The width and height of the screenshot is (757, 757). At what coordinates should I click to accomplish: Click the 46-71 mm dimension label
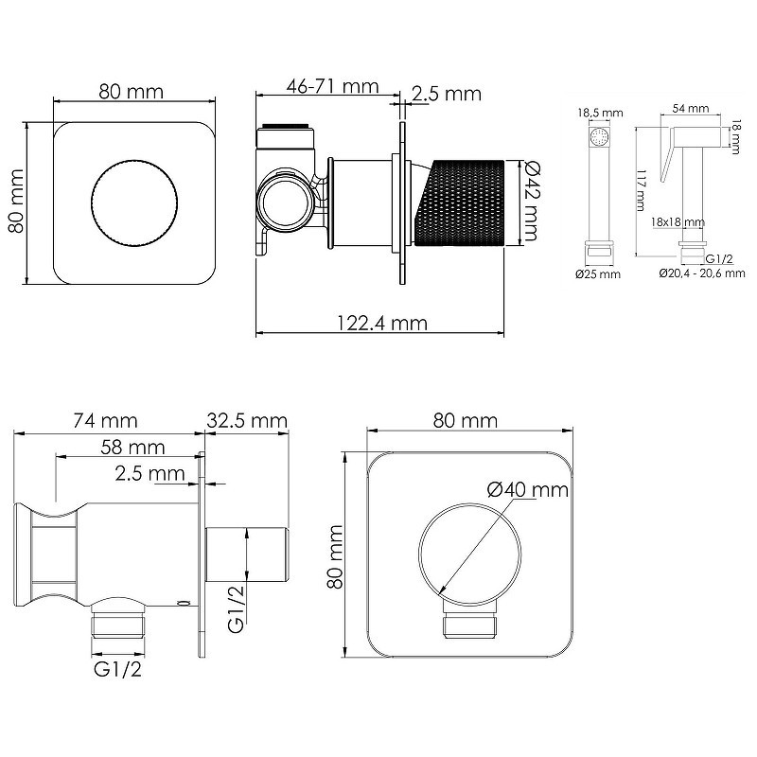[x=333, y=86]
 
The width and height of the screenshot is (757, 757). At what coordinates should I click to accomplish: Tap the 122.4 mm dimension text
[x=382, y=323]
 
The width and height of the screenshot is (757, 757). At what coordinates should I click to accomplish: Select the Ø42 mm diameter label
[x=531, y=201]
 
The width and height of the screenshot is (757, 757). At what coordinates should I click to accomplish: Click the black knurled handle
[x=460, y=202]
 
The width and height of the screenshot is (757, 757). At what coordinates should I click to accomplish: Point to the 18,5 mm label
[x=600, y=113]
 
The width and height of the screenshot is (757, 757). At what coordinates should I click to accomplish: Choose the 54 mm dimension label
[x=691, y=108]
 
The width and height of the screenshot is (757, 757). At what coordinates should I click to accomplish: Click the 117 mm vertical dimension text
[x=642, y=190]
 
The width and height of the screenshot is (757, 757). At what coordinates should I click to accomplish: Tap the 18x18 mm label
[x=678, y=222]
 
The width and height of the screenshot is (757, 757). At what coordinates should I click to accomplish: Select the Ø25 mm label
[x=598, y=274]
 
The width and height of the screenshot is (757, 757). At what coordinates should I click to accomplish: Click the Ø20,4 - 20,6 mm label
[x=702, y=273]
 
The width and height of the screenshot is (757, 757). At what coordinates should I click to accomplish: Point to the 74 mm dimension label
[x=105, y=420]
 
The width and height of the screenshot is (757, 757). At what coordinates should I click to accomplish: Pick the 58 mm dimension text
[x=132, y=447]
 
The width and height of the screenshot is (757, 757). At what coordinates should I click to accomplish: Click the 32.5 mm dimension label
[x=247, y=420]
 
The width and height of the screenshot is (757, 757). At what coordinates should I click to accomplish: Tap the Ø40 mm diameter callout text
[x=528, y=490]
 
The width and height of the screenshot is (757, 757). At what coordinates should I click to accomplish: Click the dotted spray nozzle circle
[x=600, y=136]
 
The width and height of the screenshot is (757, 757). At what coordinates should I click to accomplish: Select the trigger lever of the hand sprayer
[x=667, y=155]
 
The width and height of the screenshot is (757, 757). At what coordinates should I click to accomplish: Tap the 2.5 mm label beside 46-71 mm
[x=447, y=94]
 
